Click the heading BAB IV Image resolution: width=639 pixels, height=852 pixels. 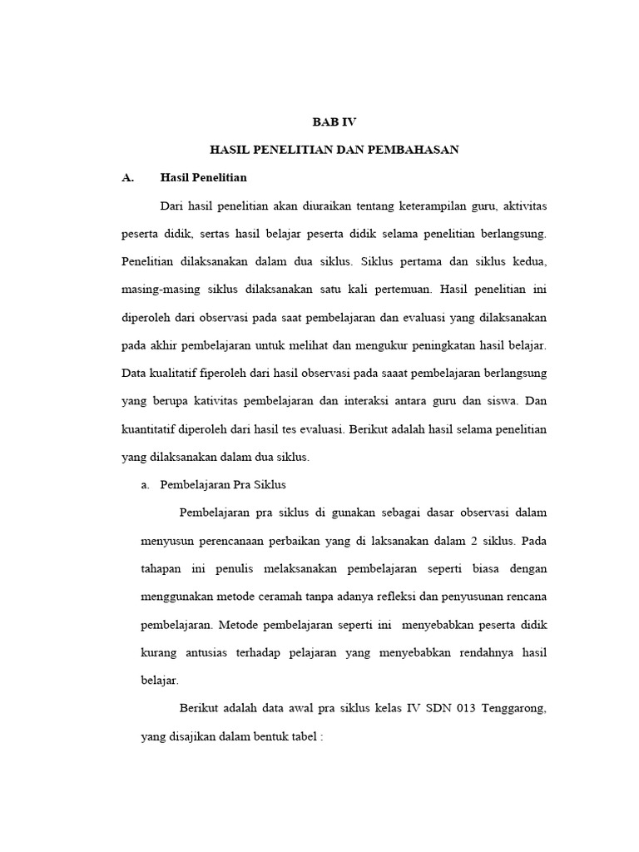(x=334, y=121)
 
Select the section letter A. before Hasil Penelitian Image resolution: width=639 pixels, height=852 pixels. (x=127, y=177)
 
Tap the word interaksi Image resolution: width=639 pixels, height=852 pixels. (x=372, y=402)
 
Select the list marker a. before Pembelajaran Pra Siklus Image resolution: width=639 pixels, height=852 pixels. (x=146, y=485)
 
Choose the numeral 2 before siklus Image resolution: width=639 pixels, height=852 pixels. (x=473, y=540)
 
